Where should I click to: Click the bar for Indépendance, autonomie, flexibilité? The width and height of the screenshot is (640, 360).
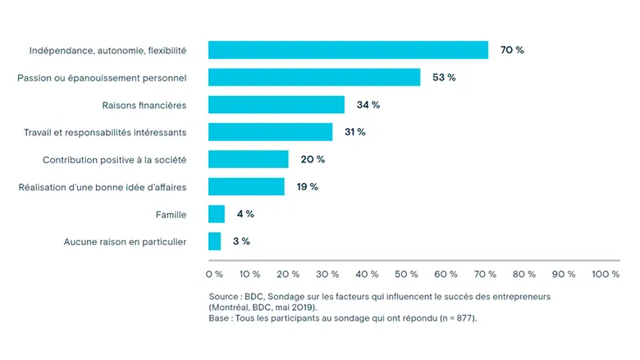click(x=348, y=50)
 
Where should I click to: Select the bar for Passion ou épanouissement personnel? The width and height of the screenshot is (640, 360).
click(x=314, y=77)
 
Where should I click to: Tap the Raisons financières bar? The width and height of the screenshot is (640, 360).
click(x=277, y=105)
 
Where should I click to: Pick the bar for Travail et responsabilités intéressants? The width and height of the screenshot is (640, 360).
click(x=271, y=132)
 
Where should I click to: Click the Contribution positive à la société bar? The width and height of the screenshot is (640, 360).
click(x=249, y=159)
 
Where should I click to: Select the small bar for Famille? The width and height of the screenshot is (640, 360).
click(x=217, y=214)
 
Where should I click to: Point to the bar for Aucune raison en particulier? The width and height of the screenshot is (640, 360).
click(x=215, y=241)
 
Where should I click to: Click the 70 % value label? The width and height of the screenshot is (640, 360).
click(x=512, y=50)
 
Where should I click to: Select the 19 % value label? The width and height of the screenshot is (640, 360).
click(x=308, y=187)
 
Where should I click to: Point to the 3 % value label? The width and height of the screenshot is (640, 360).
click(x=240, y=241)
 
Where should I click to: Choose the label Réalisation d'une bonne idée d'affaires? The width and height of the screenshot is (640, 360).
click(x=103, y=187)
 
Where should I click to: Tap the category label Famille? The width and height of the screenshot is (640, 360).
click(x=171, y=214)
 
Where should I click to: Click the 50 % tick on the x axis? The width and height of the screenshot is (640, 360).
click(x=407, y=274)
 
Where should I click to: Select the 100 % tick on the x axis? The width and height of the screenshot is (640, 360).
click(x=605, y=274)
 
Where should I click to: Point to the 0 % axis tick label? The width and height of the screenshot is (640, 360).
click(x=214, y=274)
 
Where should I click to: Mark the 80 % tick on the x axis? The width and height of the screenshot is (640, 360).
click(x=525, y=274)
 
